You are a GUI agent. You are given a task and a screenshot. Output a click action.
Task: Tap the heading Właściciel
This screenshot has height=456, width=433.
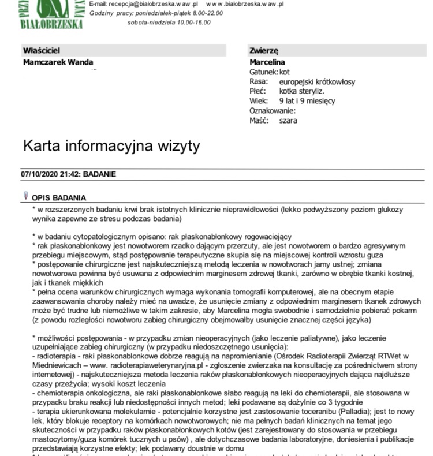[x=42, y=51]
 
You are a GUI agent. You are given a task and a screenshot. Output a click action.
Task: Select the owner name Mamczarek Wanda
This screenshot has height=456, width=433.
[x=58, y=62]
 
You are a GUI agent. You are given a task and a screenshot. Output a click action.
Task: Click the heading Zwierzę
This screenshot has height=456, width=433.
[x=264, y=51]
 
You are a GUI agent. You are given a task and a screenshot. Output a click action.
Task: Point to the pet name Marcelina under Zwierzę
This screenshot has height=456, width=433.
[x=267, y=62]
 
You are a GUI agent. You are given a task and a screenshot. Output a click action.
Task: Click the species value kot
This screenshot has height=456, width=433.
[x=284, y=72]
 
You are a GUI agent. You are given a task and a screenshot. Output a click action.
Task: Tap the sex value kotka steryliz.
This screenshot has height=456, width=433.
[x=301, y=91]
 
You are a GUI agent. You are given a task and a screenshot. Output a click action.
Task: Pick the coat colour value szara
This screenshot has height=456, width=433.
[x=288, y=121]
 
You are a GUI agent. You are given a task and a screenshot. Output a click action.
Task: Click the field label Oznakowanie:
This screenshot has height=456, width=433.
[x=273, y=111]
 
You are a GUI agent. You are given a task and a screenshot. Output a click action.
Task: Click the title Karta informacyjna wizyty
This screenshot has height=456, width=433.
[x=111, y=145]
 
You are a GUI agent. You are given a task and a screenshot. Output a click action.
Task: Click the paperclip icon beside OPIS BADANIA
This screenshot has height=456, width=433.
[x=25, y=196]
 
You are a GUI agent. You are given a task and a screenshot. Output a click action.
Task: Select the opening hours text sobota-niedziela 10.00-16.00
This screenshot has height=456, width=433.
[x=169, y=23]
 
